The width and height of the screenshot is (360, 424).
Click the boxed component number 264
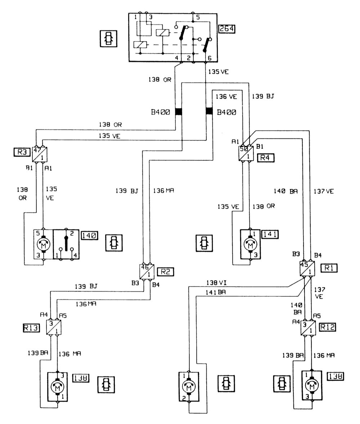coord(226,29)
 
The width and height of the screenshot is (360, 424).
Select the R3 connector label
coord(22,152)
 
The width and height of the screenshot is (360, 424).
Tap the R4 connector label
coord(266,158)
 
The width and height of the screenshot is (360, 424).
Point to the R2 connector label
coord(165,272)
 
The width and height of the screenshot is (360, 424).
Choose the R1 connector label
coord(329,268)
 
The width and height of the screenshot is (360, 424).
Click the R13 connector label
coord(31,328)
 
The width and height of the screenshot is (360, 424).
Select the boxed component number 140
coord(89,236)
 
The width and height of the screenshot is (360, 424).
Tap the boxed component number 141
coord(270,234)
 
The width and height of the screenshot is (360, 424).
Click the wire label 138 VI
coord(217,283)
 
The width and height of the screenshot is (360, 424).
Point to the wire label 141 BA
coord(216,292)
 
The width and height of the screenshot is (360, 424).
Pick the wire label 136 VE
coord(226,96)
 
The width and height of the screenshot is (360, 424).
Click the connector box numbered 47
coord(40,154)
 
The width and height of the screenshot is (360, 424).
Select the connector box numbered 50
coord(246,153)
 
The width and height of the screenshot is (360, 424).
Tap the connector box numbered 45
coord(307,268)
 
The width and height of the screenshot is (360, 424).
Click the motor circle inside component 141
coord(250,245)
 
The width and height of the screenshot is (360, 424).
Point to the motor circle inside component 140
coord(44,245)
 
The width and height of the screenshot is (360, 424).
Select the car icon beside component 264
coord(109,39)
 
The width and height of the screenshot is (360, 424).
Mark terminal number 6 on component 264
coord(209,58)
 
